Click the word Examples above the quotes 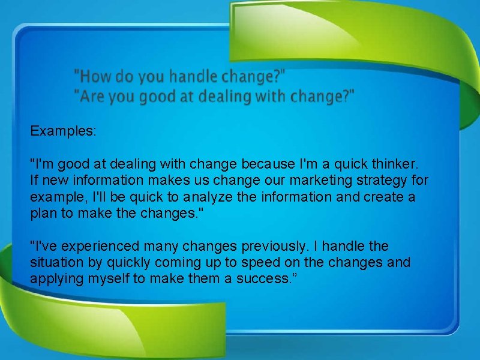(x=63, y=130)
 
